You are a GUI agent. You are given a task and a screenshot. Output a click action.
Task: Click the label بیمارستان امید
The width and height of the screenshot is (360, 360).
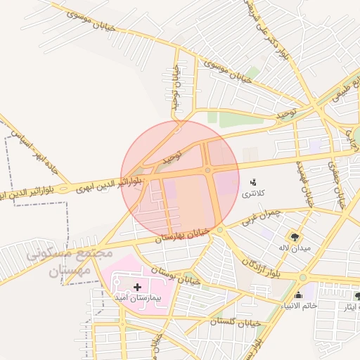point(138,298)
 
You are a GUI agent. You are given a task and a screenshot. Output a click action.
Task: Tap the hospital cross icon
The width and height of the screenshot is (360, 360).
point(137,287)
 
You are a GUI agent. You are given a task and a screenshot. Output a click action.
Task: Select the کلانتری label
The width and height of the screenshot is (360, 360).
point(254,193)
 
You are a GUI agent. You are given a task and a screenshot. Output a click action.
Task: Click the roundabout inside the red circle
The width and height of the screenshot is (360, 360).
point(208,170)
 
